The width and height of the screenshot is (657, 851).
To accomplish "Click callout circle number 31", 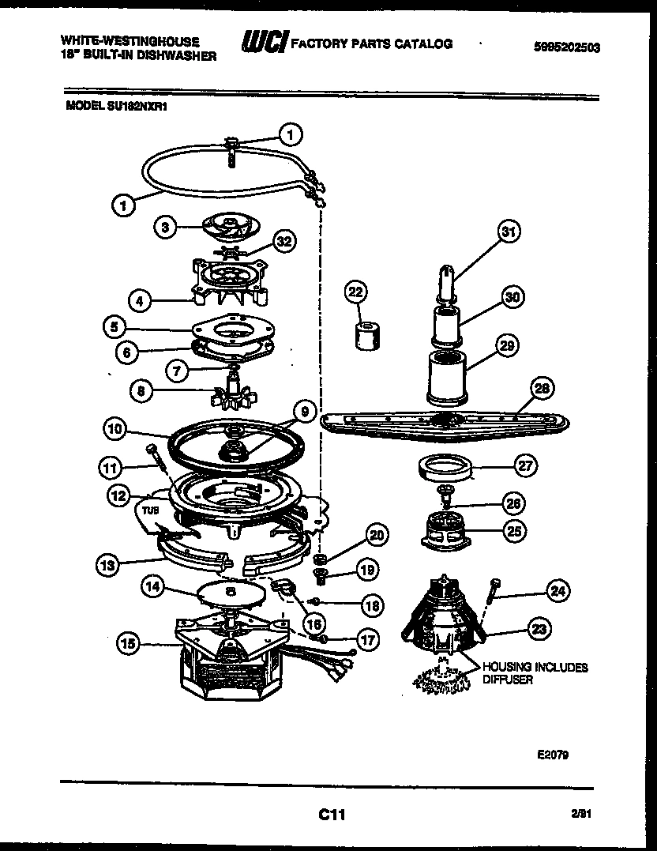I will click(510, 232).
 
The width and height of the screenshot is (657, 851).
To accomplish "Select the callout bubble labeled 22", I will click(356, 292).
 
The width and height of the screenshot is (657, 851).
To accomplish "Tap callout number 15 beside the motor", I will click(129, 645).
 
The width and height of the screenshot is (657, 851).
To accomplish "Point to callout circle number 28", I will click(542, 388).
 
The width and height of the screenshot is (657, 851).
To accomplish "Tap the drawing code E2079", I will click(553, 754).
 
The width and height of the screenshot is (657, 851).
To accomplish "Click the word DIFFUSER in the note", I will click(508, 680).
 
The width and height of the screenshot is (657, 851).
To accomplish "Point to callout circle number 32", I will click(283, 241).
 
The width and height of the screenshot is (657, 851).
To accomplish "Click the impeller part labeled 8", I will click(234, 390).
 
